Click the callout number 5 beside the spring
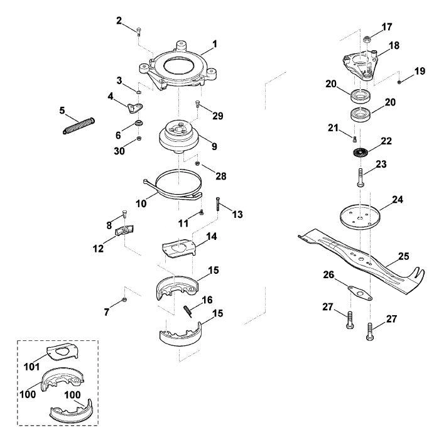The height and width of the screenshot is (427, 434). pyautogui.click(x=62, y=111)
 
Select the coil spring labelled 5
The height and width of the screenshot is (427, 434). pyautogui.click(x=79, y=126)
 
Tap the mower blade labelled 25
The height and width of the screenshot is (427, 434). pyautogui.click(x=361, y=259)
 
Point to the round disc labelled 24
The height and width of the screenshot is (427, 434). pyautogui.click(x=359, y=217)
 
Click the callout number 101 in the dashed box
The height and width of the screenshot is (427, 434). pyautogui.click(x=32, y=367)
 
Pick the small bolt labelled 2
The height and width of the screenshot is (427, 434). pyautogui.click(x=139, y=31)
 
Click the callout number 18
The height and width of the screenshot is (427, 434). pyautogui.click(x=394, y=45)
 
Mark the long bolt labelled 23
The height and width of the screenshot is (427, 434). pyautogui.click(x=360, y=178)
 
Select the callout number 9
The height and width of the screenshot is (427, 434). pyautogui.click(x=214, y=146)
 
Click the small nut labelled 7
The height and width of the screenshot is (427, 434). pyautogui.click(x=124, y=300)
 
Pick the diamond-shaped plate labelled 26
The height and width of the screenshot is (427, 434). pyautogui.click(x=360, y=293)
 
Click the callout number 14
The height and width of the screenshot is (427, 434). pyautogui.click(x=212, y=237)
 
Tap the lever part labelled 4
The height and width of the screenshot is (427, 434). pyautogui.click(x=135, y=107)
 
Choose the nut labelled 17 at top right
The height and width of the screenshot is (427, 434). pyautogui.click(x=367, y=39)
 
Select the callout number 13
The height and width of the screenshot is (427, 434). pyautogui.click(x=237, y=214)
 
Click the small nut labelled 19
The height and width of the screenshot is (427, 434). pyautogui.click(x=399, y=82)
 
